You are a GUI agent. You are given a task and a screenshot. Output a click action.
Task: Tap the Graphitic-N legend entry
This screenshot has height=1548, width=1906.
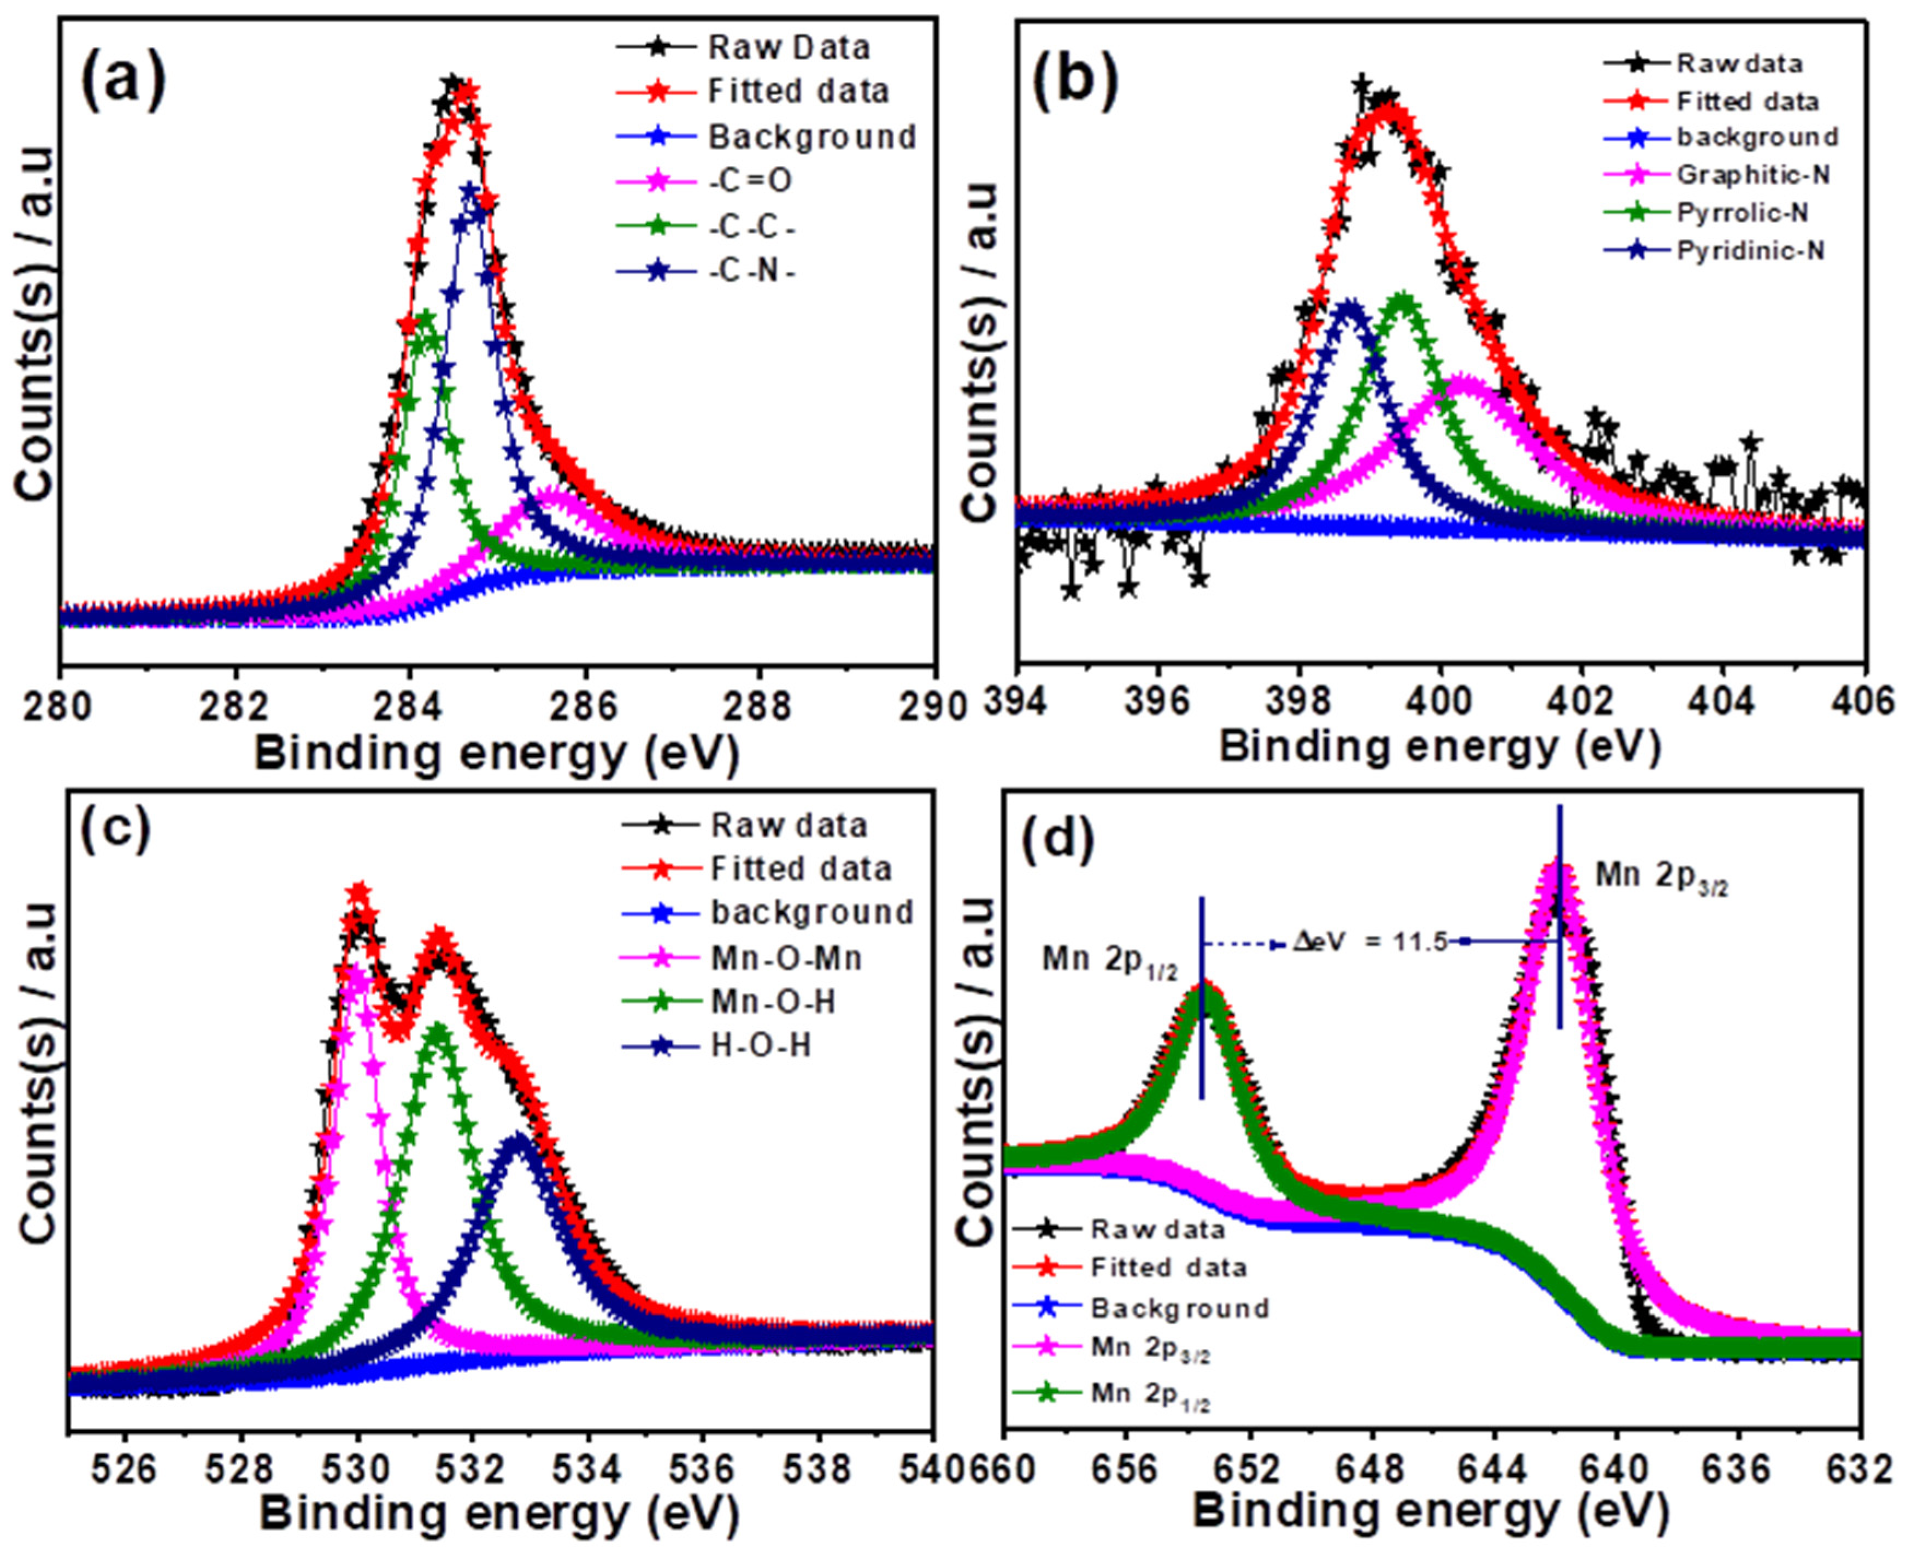1752,175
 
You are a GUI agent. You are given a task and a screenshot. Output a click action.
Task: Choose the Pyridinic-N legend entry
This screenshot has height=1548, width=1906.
1750,251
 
